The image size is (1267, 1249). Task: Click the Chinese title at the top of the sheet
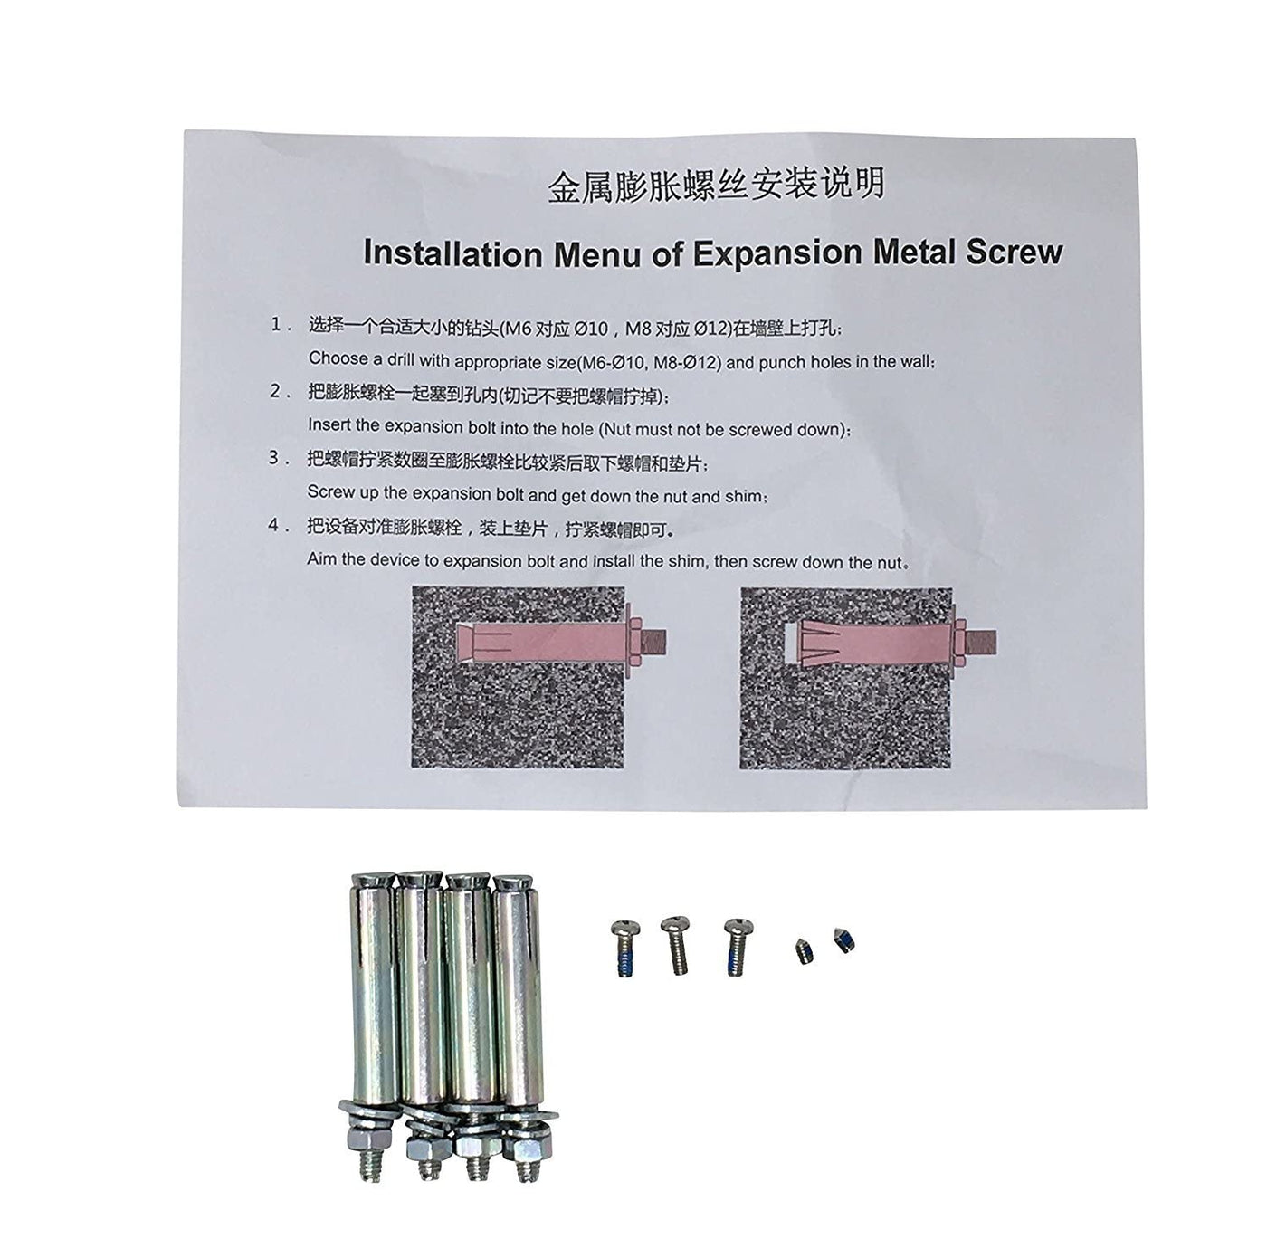716,185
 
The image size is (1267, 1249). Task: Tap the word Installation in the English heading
451,253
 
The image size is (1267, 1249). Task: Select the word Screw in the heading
1015,252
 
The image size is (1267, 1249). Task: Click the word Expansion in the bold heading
777,254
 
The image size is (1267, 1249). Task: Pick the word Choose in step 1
338,358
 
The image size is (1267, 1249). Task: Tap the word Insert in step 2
329,424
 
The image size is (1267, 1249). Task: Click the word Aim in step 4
321,559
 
